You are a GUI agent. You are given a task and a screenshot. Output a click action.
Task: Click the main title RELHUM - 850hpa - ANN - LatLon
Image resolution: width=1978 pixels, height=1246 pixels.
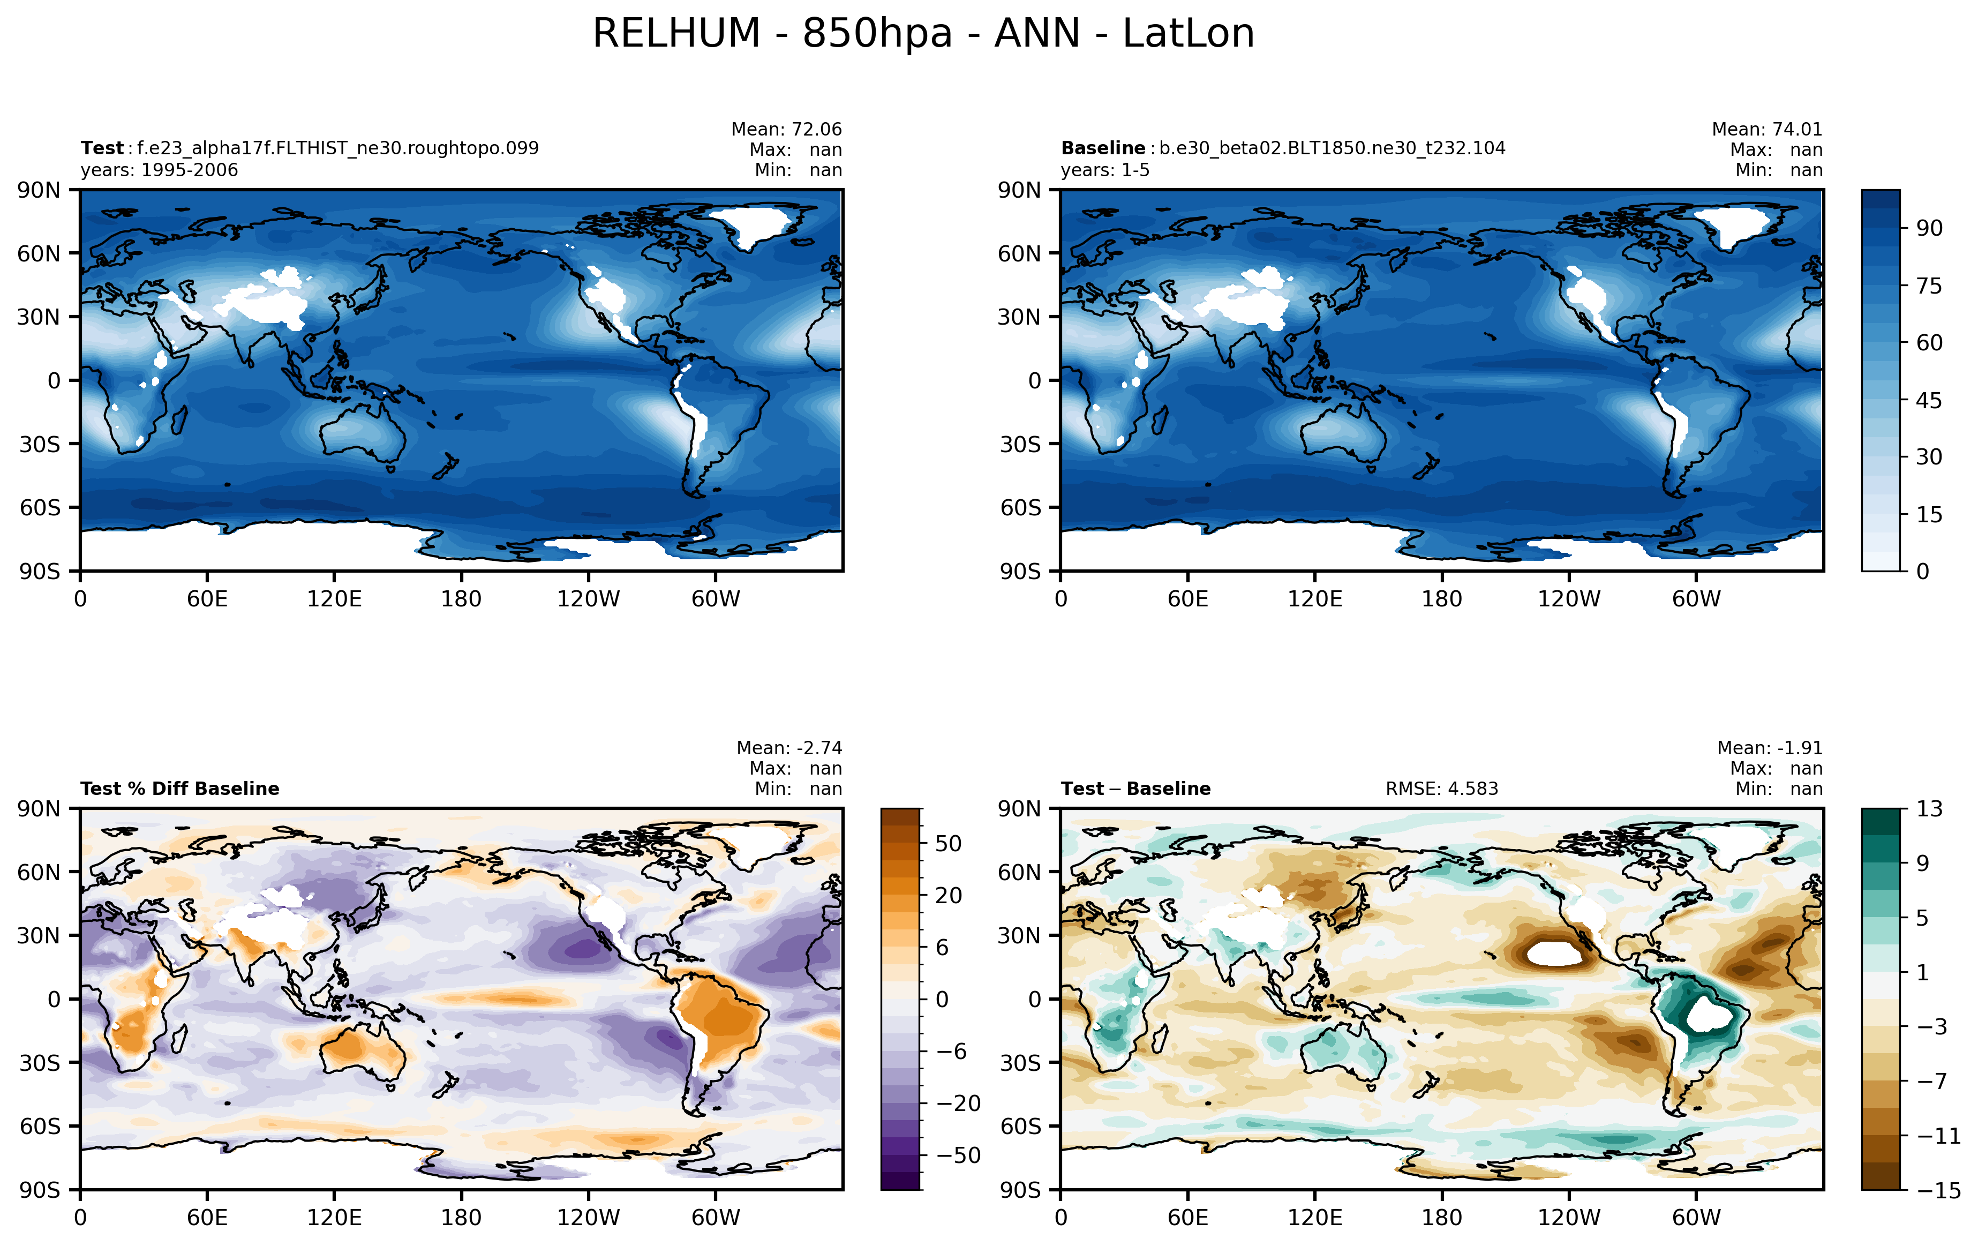click(923, 34)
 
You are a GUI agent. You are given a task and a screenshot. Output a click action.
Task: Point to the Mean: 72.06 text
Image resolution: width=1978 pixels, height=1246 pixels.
click(786, 129)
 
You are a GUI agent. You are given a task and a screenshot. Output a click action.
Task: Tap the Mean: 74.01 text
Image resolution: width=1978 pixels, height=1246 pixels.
click(1767, 129)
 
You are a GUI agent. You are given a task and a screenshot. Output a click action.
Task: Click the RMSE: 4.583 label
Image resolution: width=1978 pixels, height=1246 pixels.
click(1442, 789)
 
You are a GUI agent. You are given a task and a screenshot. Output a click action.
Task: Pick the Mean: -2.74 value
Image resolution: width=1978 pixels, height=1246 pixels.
click(788, 747)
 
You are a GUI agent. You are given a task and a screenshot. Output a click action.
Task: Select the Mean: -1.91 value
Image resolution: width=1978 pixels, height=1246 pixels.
click(1769, 747)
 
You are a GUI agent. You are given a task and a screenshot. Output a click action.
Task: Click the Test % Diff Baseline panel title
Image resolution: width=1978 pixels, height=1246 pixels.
click(180, 789)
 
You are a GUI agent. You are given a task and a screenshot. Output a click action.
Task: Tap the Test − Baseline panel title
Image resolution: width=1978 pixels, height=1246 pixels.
click(1136, 789)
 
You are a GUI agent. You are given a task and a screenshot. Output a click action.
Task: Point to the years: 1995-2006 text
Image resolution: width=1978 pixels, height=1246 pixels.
click(160, 170)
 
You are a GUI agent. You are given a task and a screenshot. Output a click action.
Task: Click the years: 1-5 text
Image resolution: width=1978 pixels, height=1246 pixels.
click(1105, 170)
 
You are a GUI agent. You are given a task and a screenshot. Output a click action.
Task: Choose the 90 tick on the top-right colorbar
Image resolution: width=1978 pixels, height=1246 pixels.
click(1930, 228)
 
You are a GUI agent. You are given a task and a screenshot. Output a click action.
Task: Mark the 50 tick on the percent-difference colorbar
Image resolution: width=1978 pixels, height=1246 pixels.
click(948, 844)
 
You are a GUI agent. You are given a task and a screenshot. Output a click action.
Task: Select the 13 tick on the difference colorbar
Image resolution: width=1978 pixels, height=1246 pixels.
click(1930, 809)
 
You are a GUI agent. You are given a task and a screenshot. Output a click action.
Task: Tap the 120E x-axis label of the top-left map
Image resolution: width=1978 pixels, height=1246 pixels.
click(334, 599)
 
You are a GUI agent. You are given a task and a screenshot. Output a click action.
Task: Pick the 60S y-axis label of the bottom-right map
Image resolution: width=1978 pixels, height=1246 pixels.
click(1020, 1126)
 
